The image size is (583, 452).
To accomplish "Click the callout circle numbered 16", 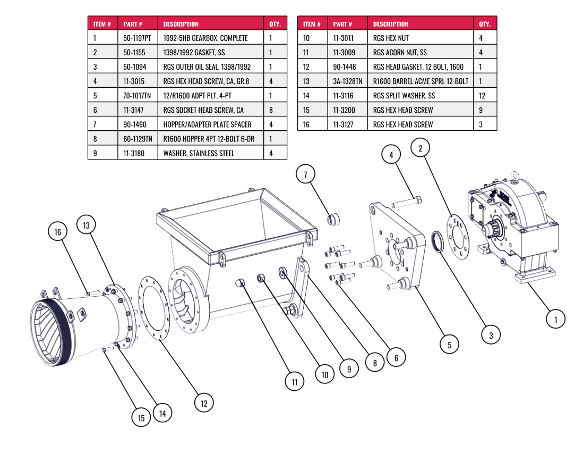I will pos(58,232).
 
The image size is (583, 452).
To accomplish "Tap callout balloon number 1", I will pos(556,319).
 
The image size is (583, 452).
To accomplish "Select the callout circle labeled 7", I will pos(305,174).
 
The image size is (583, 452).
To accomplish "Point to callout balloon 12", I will pos(203,403).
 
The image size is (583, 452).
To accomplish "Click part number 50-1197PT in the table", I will pos(137,38).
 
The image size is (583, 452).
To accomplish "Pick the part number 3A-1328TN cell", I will pos(348,81).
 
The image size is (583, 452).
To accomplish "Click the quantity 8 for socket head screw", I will pos(270,110).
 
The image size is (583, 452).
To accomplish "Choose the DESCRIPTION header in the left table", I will pos(181,24).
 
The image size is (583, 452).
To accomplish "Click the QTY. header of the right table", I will pos(485,24).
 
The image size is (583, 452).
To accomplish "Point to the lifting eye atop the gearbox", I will pos(515,176).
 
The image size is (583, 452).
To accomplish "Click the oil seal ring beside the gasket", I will pos(438,242).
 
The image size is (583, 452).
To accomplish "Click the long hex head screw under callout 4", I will pos(408,202).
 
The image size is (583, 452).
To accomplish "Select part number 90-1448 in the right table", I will pos(345,67).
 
